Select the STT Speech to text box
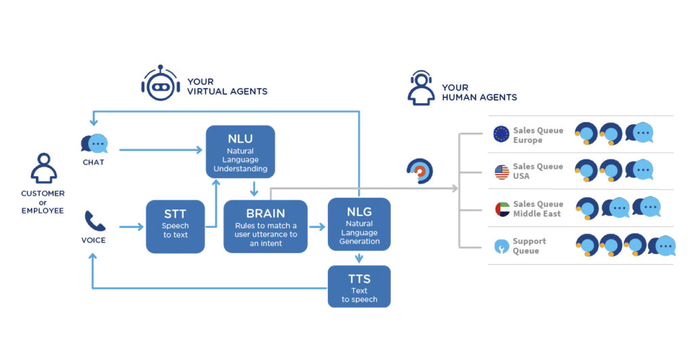pos(175,226)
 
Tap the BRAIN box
pos(265,226)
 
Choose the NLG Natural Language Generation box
pos(359,223)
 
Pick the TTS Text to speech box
pos(359,286)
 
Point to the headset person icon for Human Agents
pos(421,89)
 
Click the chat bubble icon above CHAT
pos(94,143)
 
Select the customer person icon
pos(42,169)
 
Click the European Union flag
pos(502,134)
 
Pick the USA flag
pos(502,172)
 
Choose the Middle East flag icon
pos(502,209)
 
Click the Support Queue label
pos(529,246)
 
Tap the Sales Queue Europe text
pos(538,135)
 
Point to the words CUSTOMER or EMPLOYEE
pos(42,202)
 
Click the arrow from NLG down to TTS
pos(359,257)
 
